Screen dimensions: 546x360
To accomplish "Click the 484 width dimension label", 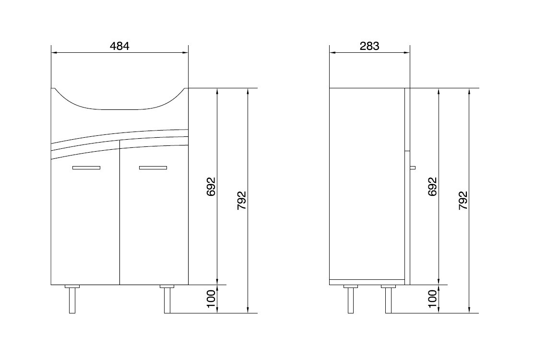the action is pyautogui.click(x=119, y=46).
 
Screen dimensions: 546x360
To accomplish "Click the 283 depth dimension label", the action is pyautogui.click(x=369, y=46).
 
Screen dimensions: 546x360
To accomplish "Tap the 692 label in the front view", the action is pyautogui.click(x=211, y=186).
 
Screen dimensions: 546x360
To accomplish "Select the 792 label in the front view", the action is pyautogui.click(x=241, y=200).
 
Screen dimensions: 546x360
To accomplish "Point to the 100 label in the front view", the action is pyautogui.click(x=211, y=299).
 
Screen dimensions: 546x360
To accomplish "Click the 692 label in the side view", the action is pyautogui.click(x=432, y=186).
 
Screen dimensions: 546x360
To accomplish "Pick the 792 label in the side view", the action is pyautogui.click(x=463, y=200).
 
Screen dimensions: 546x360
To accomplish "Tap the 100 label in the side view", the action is pyautogui.click(x=432, y=299).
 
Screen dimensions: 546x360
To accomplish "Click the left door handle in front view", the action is pyautogui.click(x=86, y=168).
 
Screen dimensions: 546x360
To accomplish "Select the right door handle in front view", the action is pyautogui.click(x=153, y=168).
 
